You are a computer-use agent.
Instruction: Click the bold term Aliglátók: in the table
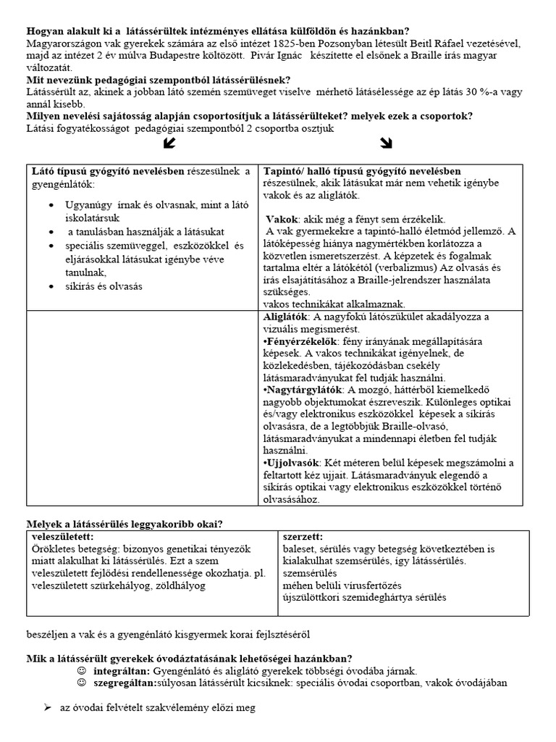[x=286, y=317]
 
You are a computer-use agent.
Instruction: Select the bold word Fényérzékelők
[x=299, y=341]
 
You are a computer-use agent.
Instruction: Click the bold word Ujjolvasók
[x=292, y=463]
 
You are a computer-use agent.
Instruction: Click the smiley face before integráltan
[x=81, y=670]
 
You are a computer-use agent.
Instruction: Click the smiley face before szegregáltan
[x=81, y=682]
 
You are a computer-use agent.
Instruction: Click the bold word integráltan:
[x=119, y=671]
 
